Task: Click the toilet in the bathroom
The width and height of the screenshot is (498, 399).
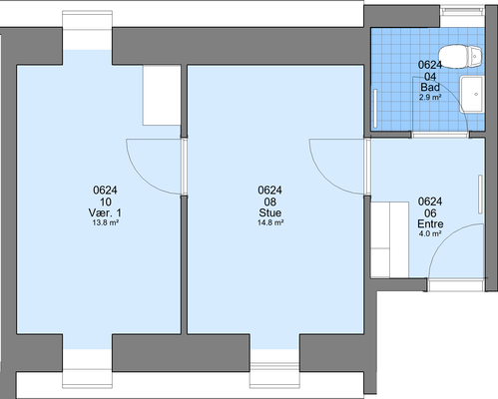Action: (x=460, y=56)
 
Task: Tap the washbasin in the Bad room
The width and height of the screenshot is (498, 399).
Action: (x=472, y=95)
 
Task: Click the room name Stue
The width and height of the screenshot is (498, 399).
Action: (x=270, y=212)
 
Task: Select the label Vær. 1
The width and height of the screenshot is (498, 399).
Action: (x=105, y=212)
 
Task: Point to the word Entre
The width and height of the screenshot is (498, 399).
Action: (x=430, y=223)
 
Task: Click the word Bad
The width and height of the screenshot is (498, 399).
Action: (x=430, y=87)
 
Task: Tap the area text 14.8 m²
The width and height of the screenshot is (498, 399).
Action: (x=270, y=222)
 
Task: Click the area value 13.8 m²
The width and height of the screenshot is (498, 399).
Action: (x=105, y=222)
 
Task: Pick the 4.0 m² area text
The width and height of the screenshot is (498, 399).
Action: (x=430, y=233)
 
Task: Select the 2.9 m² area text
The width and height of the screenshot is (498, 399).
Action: (x=430, y=97)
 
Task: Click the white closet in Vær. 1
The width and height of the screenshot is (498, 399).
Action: (x=162, y=95)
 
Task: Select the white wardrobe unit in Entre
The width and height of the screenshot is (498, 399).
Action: (x=389, y=239)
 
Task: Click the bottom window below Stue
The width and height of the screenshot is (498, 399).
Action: (x=274, y=375)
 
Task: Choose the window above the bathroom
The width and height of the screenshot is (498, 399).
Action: (x=462, y=10)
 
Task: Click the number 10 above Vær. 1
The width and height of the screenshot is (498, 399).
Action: (x=105, y=201)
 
